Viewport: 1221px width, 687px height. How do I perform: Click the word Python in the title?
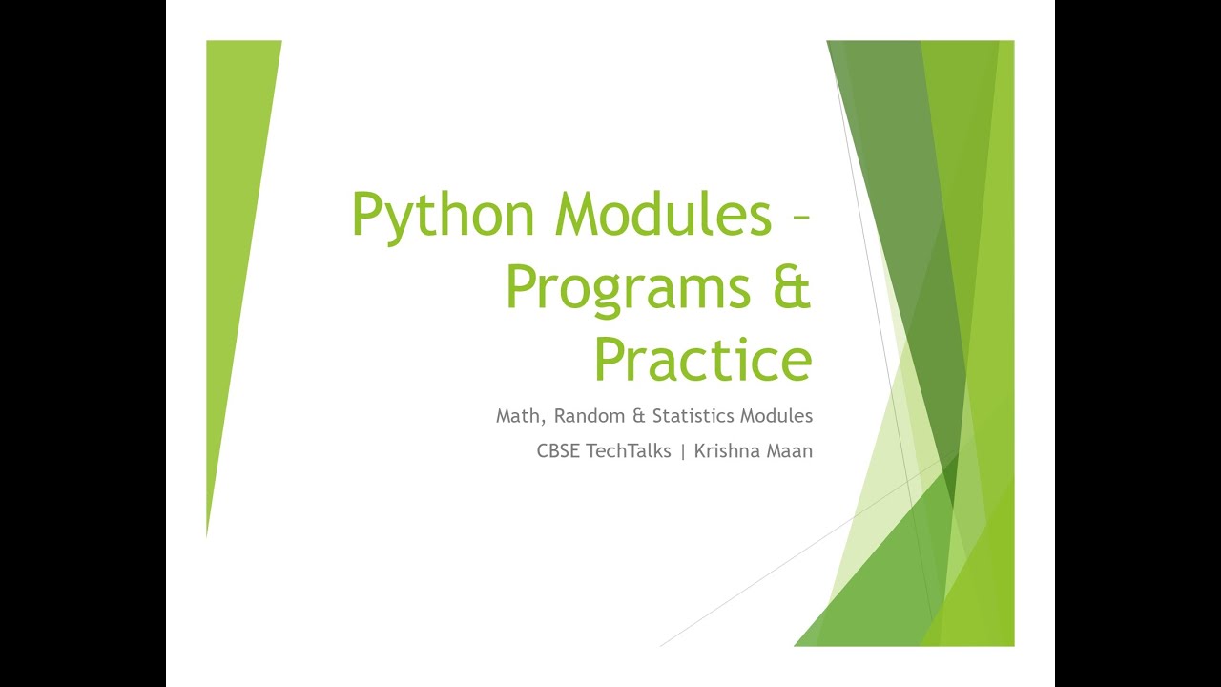click(443, 216)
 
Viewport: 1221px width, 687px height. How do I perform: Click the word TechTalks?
click(629, 451)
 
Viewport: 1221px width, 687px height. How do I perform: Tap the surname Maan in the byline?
click(790, 451)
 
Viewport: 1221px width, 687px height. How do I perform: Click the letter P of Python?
click(365, 216)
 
